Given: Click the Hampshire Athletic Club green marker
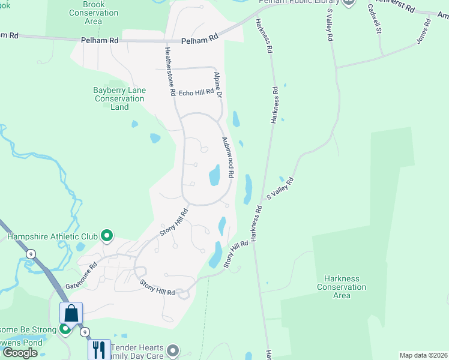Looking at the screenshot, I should (107, 236).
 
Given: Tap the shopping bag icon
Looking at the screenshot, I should (71, 313).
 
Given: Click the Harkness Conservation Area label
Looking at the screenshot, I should (341, 287).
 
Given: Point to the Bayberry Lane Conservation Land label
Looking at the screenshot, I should (119, 98).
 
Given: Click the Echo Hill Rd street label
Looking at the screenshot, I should (196, 92).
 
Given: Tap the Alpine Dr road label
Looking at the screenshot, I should (218, 85).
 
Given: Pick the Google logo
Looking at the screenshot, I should (20, 352).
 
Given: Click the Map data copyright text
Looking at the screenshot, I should (423, 355).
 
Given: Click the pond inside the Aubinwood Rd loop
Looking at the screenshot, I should (214, 176).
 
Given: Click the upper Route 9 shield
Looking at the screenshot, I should (30, 254).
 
